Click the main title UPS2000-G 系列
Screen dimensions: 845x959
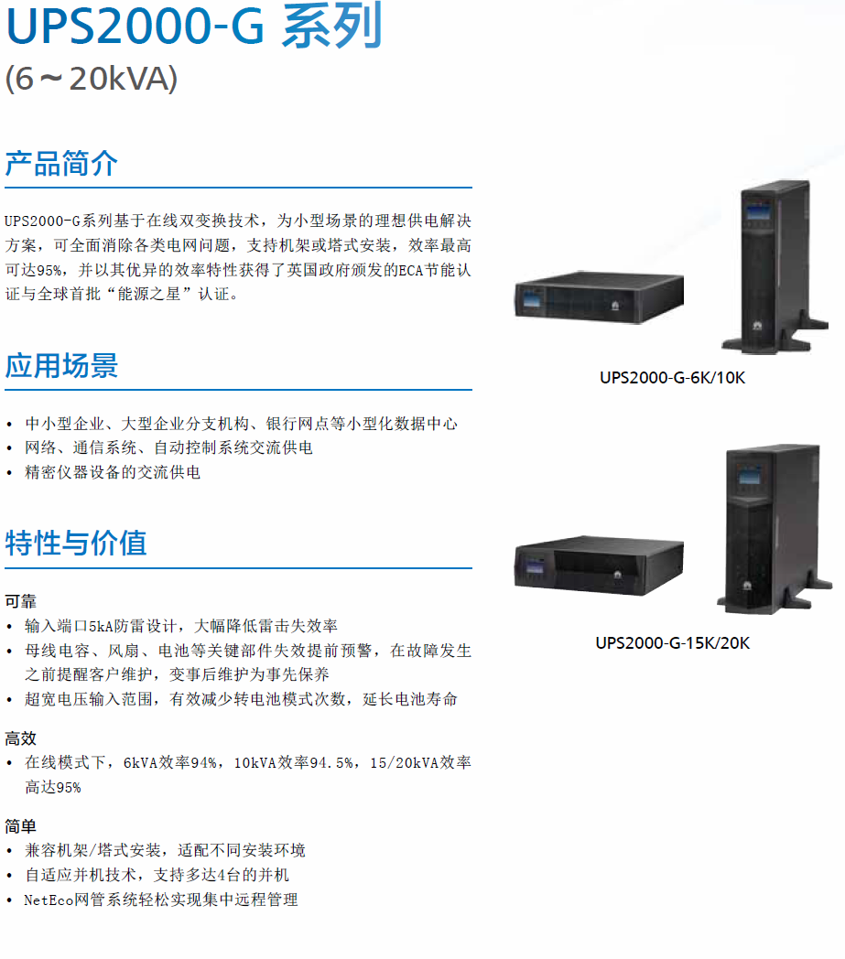pos(194,26)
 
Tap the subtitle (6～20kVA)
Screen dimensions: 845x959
pos(92,79)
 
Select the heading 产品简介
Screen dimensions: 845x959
pos(61,164)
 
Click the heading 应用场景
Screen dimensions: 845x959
pos(61,366)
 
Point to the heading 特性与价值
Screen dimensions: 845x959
pos(76,544)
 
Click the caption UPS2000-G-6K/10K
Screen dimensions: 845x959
pos(673,378)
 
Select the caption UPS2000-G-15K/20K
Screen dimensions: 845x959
pos(673,643)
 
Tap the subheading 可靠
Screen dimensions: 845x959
pos(21,602)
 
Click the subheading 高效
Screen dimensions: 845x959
pos(21,738)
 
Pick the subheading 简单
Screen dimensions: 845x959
pos(21,827)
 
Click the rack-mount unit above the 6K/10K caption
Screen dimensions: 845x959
pos(599,297)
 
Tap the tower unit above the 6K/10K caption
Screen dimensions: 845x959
pos(775,266)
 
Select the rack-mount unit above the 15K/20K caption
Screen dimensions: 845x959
pos(599,566)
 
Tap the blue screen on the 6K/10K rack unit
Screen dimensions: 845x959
pos(533,300)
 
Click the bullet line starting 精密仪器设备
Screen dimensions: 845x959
pos(113,472)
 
